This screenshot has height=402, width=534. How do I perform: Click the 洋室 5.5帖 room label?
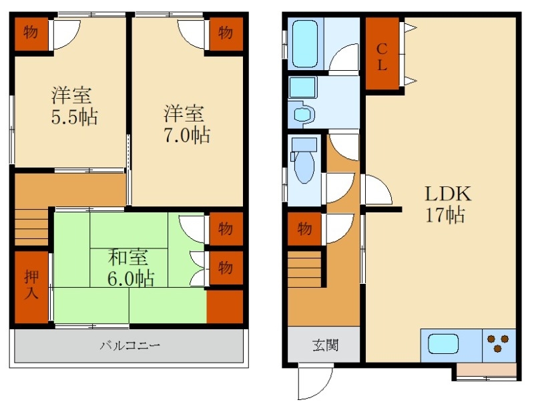coord(74,106)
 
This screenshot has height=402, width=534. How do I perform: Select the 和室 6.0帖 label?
coord(130,267)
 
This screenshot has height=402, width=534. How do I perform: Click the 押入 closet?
coord(31,286)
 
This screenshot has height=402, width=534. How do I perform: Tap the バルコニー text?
coord(130,346)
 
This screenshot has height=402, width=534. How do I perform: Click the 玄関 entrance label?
coord(324,345)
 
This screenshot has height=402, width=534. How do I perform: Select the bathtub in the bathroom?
coord(306,43)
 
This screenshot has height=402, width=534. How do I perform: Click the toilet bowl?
coord(305,168)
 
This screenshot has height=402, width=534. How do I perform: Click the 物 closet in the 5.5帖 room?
coord(31,32)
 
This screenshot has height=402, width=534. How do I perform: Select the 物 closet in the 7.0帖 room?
coord(225,32)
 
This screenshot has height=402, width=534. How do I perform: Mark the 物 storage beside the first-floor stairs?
coord(304,229)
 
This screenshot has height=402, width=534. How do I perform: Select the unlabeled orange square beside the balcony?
coord(225,307)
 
